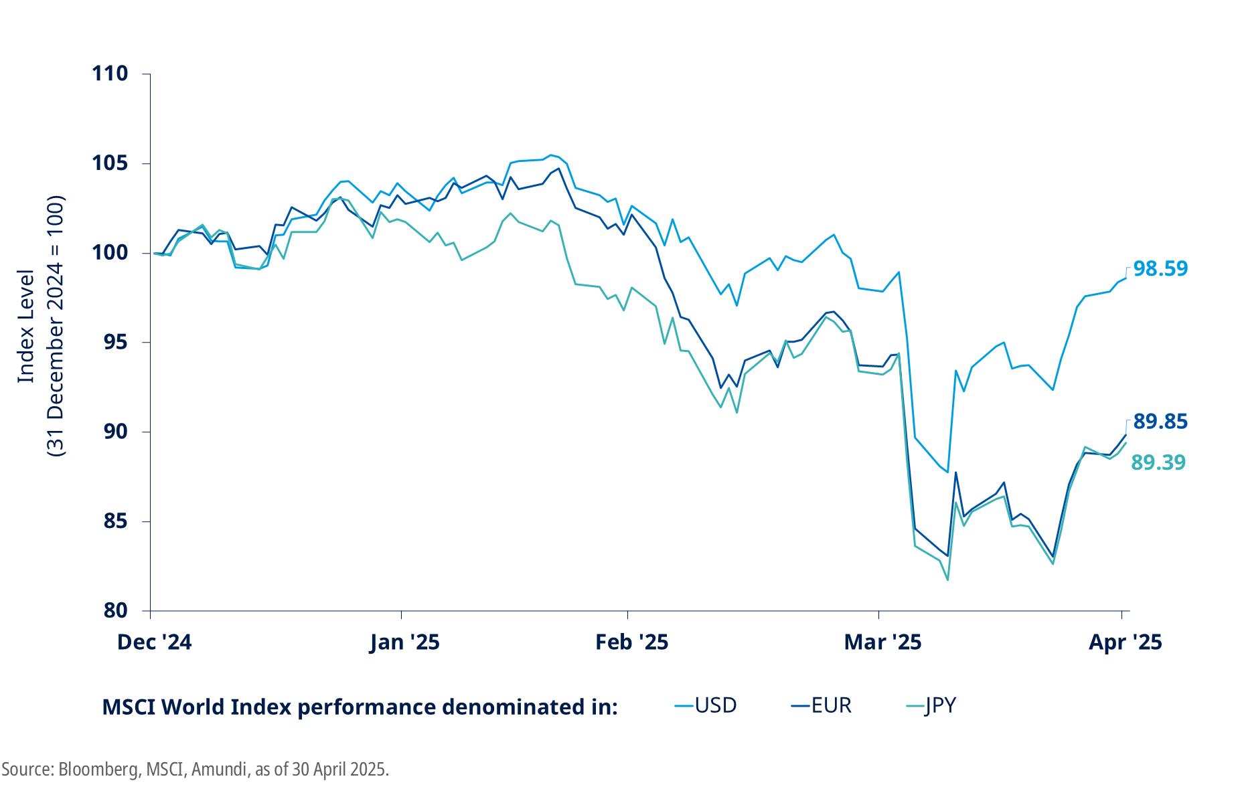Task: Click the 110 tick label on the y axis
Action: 110,74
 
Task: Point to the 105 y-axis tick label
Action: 110,163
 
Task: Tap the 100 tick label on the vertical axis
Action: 110,253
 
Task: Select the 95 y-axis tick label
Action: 115,343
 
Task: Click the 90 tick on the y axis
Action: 115,432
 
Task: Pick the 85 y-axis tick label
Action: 115,521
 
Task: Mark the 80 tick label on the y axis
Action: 115,610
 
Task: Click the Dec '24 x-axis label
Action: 154,642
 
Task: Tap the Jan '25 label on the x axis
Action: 404,642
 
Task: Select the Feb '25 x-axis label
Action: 631,642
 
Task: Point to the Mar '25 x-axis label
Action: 882,642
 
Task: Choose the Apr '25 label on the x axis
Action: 1125,642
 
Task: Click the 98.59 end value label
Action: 1160,268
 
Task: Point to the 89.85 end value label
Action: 1160,422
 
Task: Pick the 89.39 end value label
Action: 1158,462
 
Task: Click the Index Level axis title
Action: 25,327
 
